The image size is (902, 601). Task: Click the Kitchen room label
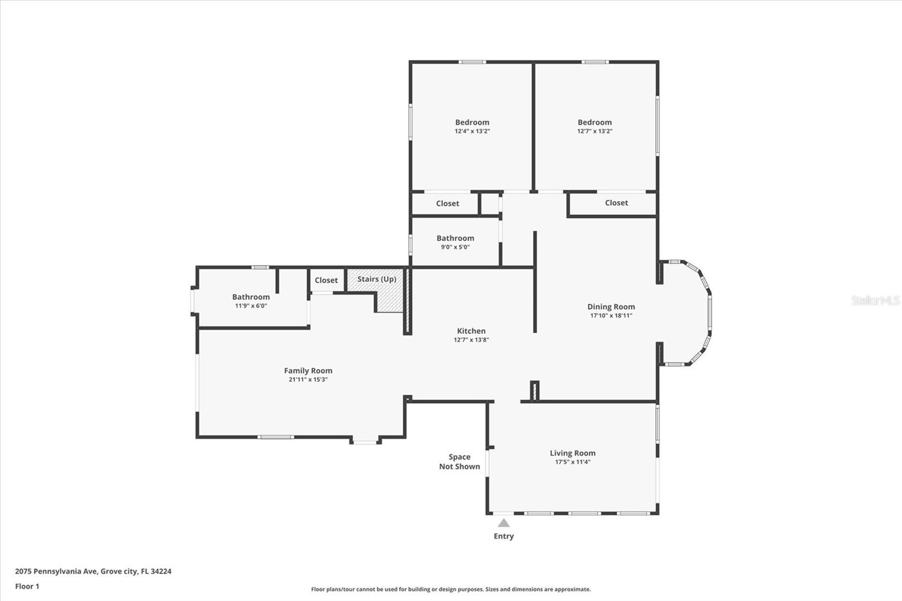471,331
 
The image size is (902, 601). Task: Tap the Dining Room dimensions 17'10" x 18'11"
611,316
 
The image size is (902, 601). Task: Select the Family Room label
308,370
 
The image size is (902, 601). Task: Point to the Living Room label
572,453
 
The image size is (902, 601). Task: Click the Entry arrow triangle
503,523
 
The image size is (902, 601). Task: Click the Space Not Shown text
459,462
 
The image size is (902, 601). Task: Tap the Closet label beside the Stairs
326,280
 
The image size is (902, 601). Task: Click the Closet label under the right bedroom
616,203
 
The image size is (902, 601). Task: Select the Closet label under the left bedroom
447,204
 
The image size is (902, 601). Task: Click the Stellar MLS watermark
876,300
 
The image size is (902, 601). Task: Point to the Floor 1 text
27,586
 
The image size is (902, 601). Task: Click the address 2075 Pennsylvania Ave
93,571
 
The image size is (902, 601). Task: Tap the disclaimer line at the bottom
451,589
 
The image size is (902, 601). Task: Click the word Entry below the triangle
503,536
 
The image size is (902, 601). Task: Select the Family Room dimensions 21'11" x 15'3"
308,379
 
